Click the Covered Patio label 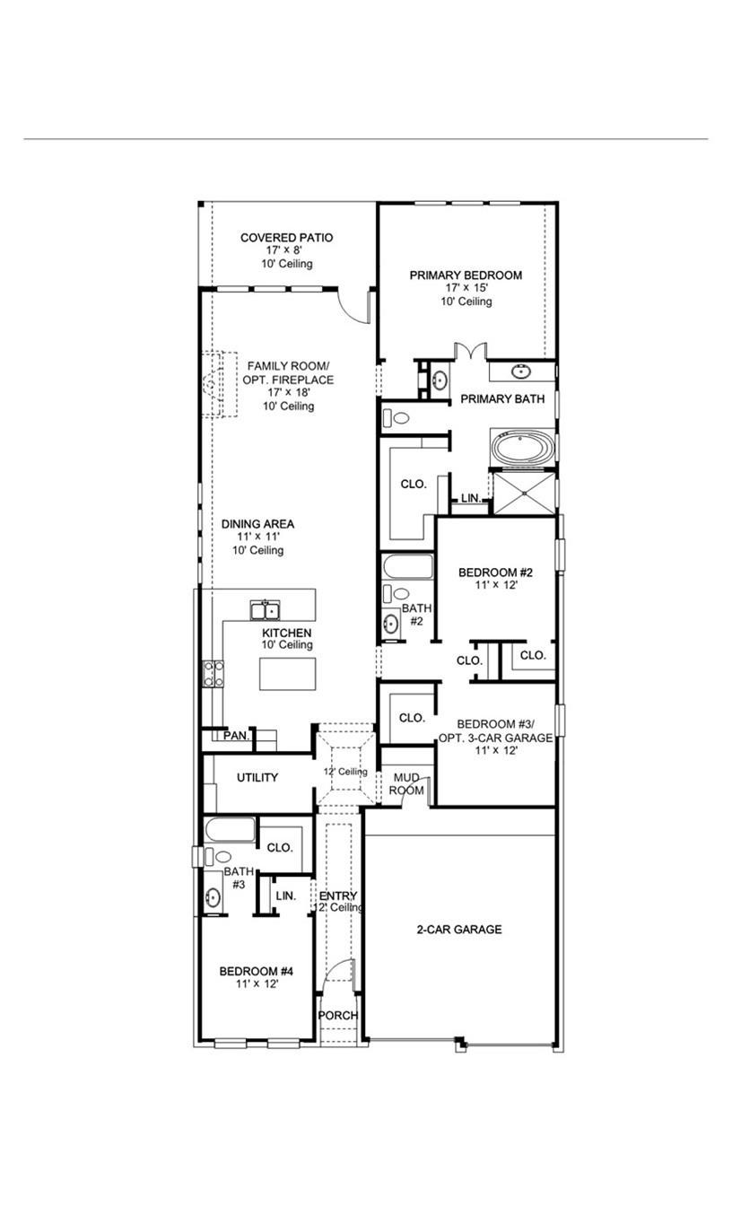286,238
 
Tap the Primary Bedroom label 466,275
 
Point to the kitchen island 287,673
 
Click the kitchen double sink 265,611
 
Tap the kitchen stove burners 213,673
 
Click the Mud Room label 405,784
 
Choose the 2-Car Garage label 458,930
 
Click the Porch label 338,1015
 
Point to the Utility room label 257,778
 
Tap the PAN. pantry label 236,736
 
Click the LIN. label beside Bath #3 285,896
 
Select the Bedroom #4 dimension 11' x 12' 257,983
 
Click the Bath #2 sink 391,624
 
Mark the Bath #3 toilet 218,857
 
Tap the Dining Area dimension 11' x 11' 257,537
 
